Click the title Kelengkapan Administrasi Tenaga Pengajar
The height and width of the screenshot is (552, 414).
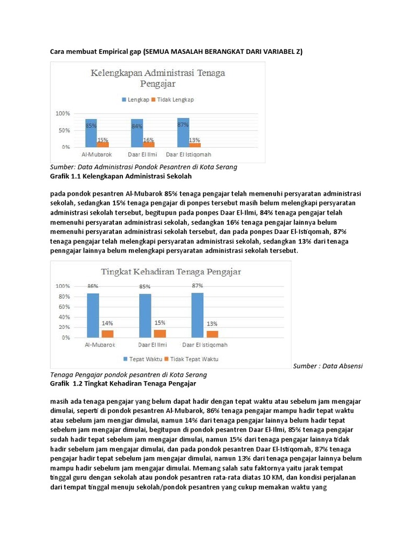point(157,78)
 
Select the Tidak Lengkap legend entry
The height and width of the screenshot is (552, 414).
point(172,100)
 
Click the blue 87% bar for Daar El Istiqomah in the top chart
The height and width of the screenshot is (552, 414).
point(183,132)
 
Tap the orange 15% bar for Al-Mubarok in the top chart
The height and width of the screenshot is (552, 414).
point(102,144)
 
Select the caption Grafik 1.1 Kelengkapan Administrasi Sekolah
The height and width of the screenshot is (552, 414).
point(121,176)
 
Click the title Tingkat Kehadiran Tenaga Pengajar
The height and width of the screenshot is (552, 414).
point(170,271)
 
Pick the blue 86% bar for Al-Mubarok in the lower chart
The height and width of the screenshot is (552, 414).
point(93,315)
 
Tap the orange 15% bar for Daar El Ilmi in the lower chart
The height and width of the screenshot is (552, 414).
point(160,334)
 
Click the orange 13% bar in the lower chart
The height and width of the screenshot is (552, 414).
point(212,334)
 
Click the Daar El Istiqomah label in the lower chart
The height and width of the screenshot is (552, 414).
point(205,345)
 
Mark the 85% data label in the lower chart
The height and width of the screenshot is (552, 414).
point(145,287)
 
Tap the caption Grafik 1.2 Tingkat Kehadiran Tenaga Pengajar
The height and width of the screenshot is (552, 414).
point(123,384)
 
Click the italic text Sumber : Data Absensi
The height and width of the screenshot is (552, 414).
point(328,365)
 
